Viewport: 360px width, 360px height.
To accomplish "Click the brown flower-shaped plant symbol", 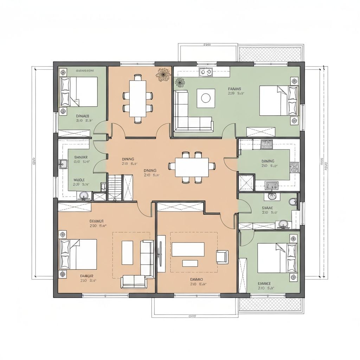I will [x=163, y=75].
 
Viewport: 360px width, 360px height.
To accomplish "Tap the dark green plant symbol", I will [x=180, y=82].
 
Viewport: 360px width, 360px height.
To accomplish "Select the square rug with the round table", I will [x=206, y=98].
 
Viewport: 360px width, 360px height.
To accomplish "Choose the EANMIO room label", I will [x=197, y=279].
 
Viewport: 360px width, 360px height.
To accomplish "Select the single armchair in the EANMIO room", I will [x=222, y=256].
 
